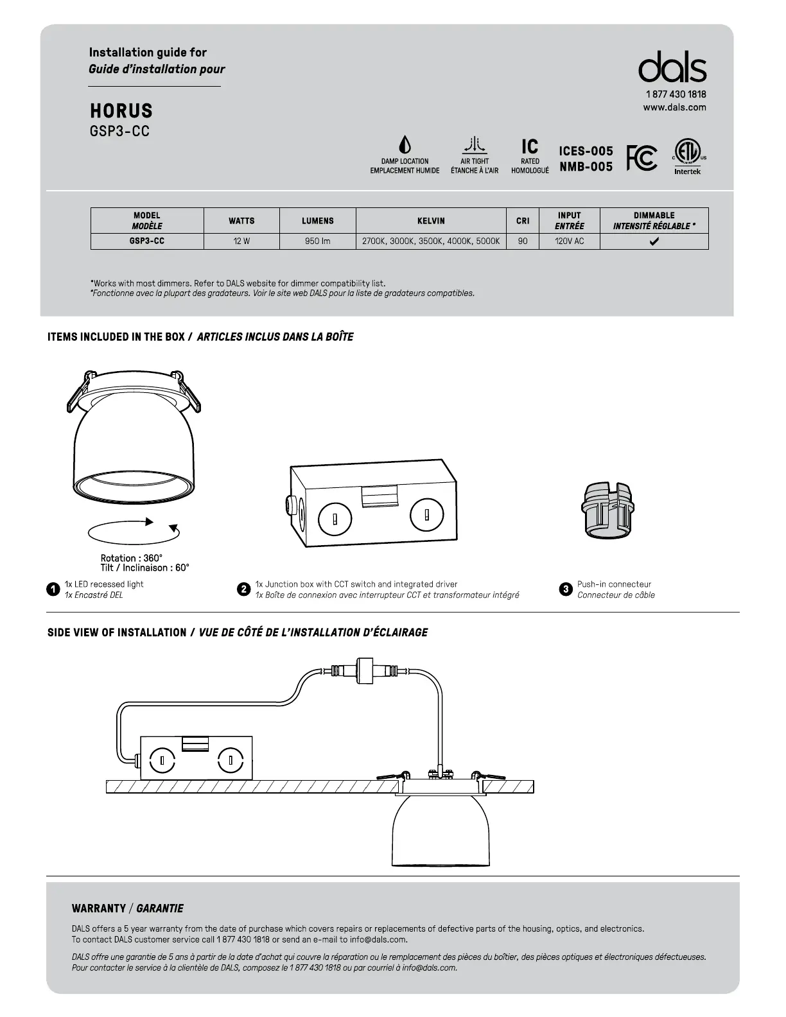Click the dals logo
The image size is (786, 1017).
click(x=672, y=67)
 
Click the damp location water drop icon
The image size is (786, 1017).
click(x=405, y=144)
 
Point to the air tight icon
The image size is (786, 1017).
click(x=475, y=144)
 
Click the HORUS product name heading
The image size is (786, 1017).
click(x=121, y=111)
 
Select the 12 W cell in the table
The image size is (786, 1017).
click(x=241, y=241)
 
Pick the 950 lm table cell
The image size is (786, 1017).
click(x=318, y=241)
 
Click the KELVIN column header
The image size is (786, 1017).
click(x=431, y=221)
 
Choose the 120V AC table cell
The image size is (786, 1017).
click(x=569, y=241)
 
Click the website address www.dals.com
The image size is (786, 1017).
click(x=674, y=107)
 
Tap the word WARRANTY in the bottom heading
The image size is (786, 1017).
click(x=98, y=908)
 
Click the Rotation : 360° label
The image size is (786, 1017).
click(x=132, y=558)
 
